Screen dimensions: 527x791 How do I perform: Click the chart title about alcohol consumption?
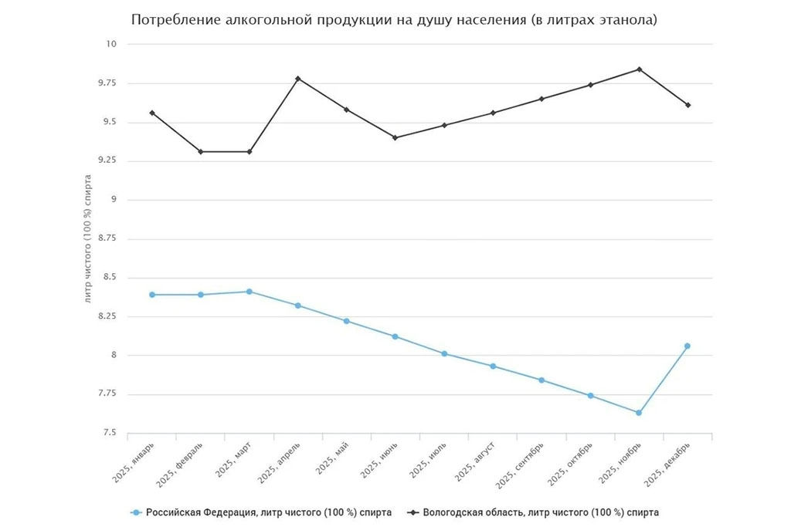pyautogui.click(x=394, y=20)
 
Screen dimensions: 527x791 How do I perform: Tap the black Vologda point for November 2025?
pyautogui.click(x=639, y=69)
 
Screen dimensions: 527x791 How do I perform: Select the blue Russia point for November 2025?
pyautogui.click(x=639, y=413)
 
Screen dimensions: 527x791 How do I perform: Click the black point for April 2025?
pyautogui.click(x=298, y=79)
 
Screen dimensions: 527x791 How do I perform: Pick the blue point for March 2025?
pyautogui.click(x=250, y=292)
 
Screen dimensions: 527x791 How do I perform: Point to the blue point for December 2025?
pyautogui.click(x=687, y=346)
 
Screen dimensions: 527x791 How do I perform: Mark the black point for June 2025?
pyautogui.click(x=395, y=137)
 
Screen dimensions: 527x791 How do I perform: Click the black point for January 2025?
pyautogui.click(x=152, y=113)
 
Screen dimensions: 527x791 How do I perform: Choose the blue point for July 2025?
pyautogui.click(x=444, y=353)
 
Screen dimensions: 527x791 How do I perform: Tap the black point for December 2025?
pyautogui.click(x=687, y=105)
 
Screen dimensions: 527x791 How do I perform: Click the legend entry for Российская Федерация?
pyautogui.click(x=262, y=512)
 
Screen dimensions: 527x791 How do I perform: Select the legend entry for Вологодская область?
pyautogui.click(x=534, y=512)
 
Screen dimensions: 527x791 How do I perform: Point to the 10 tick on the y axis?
pyautogui.click(x=110, y=44)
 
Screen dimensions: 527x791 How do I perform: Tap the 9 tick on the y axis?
pyautogui.click(x=113, y=200)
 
